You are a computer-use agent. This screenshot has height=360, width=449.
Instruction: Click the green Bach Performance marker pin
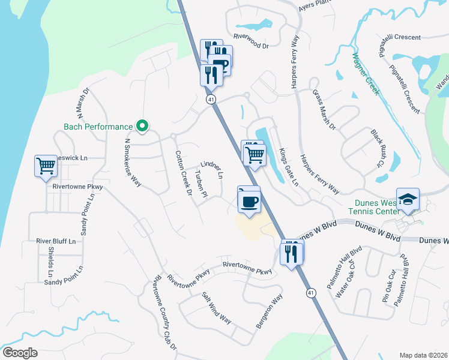(142, 126)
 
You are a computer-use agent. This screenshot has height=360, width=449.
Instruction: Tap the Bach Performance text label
(98, 127)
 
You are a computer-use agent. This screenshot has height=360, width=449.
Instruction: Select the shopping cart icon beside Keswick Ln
(46, 166)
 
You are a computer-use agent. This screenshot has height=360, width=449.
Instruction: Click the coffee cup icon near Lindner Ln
(249, 200)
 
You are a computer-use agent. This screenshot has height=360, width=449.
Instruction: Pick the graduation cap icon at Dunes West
(408, 200)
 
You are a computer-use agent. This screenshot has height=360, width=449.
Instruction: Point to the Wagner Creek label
(366, 73)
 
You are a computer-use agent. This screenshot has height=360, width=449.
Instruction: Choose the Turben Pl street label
(200, 184)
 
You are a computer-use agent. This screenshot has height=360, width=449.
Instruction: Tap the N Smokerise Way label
(133, 163)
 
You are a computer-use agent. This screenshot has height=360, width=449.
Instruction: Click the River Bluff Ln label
(56, 241)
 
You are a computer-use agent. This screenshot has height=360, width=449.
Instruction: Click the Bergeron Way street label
(269, 311)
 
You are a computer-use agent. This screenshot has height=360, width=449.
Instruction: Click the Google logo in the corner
(20, 352)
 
